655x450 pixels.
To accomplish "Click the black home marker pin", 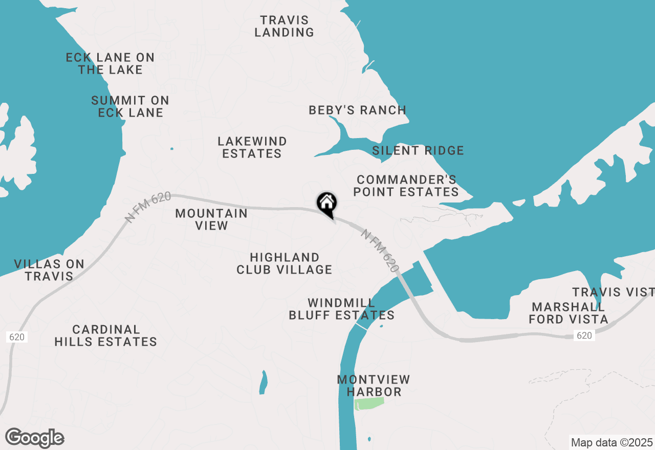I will click(326, 204).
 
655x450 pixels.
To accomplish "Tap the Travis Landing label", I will click(285, 26).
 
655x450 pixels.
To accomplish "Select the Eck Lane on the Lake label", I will click(110, 63).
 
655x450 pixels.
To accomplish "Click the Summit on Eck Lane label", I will click(130, 106).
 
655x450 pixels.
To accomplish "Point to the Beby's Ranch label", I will click(358, 110).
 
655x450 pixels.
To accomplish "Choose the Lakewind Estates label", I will click(252, 147).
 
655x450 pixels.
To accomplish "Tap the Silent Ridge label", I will click(418, 150).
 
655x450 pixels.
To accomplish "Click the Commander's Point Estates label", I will click(407, 186).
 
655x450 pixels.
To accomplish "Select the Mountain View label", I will click(211, 219).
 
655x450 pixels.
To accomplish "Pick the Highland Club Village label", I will click(285, 263).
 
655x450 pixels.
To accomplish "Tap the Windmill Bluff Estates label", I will click(342, 309).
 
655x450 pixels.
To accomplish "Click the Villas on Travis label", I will click(49, 270).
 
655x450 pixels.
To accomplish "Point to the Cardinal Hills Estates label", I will click(106, 335).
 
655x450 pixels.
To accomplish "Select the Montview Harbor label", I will click(374, 386).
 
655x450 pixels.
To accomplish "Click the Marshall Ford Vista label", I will click(569, 313).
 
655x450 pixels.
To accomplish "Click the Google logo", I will click(35, 438).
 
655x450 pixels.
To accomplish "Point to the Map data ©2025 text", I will click(612, 442).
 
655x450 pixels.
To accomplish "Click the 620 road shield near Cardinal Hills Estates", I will click(16, 337).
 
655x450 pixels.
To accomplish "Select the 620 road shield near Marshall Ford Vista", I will click(584, 335).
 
